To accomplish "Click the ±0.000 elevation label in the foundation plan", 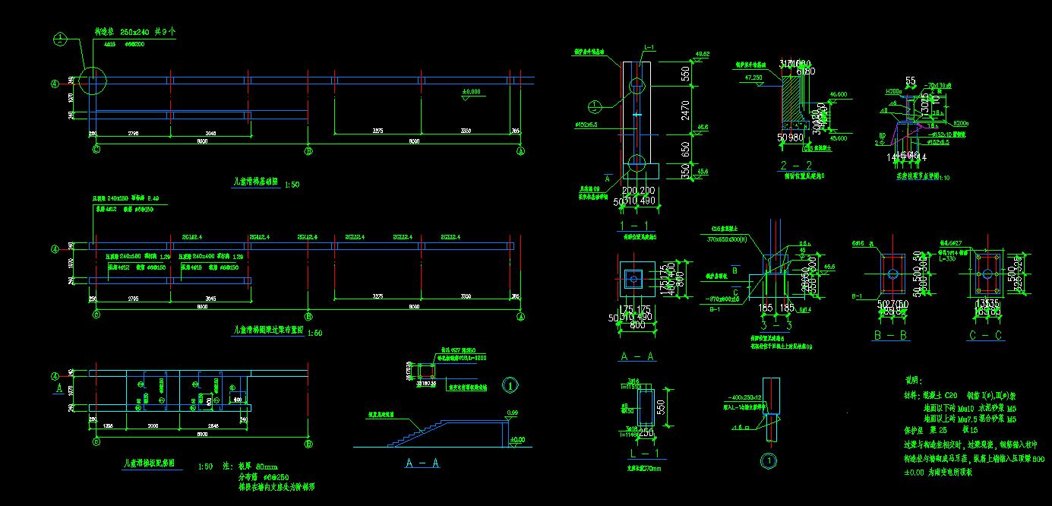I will coord(472,92).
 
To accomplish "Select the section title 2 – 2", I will coord(796,165).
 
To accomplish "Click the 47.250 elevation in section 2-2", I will coord(753,77).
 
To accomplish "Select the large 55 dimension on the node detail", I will coord(910,80).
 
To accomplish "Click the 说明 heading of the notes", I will coord(913,380).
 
